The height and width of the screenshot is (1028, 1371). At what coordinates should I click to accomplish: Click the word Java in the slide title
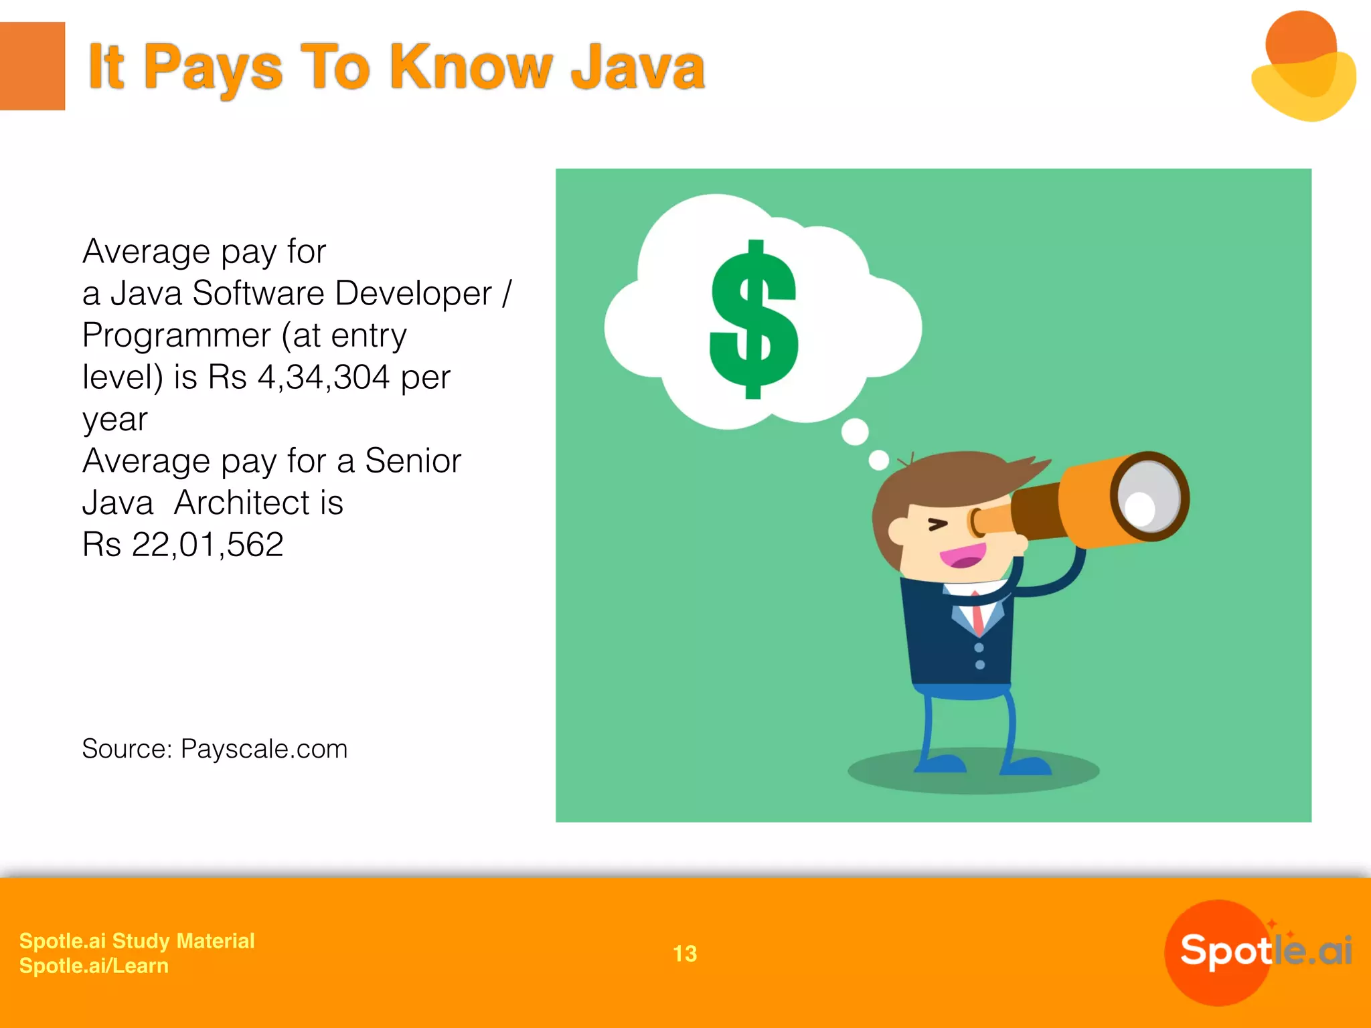637,67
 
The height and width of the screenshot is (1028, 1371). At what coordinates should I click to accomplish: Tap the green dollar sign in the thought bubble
754,320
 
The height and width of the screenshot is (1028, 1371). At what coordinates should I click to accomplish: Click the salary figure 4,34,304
323,377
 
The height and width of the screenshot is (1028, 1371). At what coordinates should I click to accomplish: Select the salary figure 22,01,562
208,544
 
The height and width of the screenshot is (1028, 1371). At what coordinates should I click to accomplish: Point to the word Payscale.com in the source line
264,749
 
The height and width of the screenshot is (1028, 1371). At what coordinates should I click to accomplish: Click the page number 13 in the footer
685,954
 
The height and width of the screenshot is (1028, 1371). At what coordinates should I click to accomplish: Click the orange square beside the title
32,66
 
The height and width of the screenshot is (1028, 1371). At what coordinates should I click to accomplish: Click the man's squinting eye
938,525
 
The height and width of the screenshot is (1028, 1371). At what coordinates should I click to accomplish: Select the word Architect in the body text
258,503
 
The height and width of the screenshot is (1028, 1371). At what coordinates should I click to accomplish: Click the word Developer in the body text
413,293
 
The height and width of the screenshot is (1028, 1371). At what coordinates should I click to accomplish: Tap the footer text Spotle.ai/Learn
94,966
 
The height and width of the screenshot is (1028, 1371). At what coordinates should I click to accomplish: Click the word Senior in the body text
413,460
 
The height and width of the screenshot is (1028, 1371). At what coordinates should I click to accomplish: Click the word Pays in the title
213,67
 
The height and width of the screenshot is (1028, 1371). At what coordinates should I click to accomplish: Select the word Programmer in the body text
177,335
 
